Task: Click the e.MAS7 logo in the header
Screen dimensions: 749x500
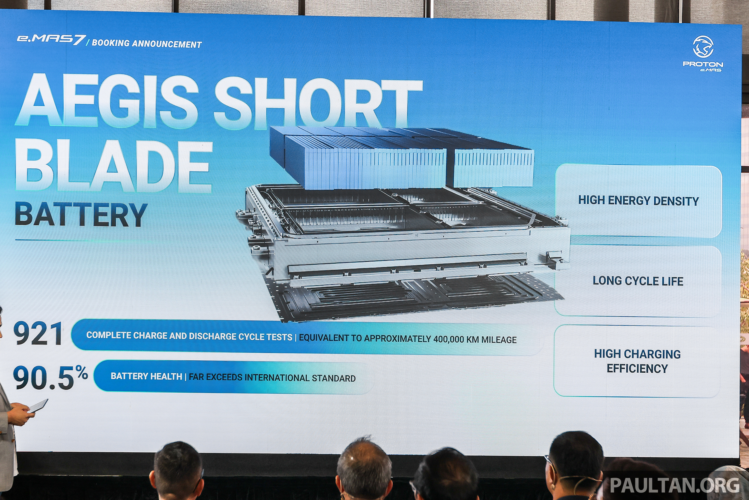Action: pos(51,40)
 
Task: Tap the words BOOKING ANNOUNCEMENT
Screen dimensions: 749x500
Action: pos(147,44)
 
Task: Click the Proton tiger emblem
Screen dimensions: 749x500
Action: pos(703,47)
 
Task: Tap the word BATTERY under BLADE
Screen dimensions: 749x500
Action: pos(81,215)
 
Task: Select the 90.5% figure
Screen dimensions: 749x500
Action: pos(50,378)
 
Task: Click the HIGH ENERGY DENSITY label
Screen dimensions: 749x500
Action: pos(638,201)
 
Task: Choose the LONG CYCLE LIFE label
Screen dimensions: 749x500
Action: pos(638,281)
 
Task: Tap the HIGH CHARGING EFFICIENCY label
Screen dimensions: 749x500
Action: pos(637,361)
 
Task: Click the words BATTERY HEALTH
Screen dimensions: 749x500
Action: pos(146,376)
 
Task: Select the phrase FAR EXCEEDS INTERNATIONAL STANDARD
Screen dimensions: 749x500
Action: pos(272,378)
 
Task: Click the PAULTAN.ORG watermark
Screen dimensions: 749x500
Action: pos(674,486)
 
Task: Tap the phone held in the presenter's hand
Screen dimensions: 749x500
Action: pos(38,406)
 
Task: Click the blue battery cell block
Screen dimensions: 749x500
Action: pos(402,158)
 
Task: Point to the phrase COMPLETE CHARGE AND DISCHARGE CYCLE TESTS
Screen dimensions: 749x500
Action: pos(189,336)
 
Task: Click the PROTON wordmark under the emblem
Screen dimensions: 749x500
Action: pos(703,64)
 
